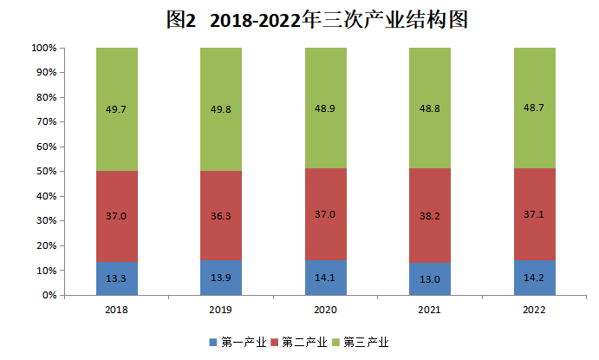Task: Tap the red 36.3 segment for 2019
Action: [x=221, y=215]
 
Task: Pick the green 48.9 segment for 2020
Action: [x=325, y=108]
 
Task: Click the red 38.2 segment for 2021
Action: [x=430, y=215]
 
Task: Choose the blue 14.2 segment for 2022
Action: [x=535, y=278]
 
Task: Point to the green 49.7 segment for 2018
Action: [x=117, y=109]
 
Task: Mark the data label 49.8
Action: [x=221, y=109]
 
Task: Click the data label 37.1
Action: [x=535, y=214]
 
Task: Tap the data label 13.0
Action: [x=430, y=278]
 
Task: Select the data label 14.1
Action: [x=325, y=278]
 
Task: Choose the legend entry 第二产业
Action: [x=300, y=342]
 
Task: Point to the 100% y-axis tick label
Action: [x=45, y=49]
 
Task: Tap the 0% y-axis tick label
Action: [x=50, y=296]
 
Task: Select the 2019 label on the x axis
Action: [x=221, y=309]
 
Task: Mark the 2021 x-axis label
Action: [x=430, y=309]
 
